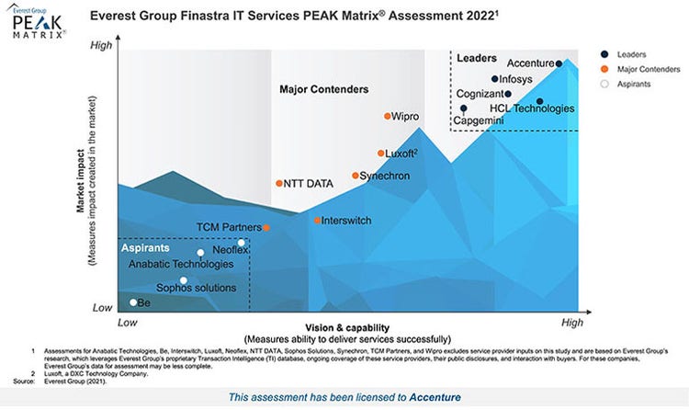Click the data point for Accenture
click(x=559, y=64)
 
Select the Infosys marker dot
click(x=494, y=79)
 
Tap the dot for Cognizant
click(x=507, y=94)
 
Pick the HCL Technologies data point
click(x=539, y=101)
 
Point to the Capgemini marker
click(x=463, y=108)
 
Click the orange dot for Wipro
click(x=387, y=117)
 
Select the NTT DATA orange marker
click(x=279, y=184)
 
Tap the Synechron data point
click(x=356, y=176)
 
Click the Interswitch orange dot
click(x=317, y=221)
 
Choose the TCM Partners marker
click(x=266, y=227)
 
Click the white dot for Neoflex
click(x=241, y=244)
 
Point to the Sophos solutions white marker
click(x=184, y=281)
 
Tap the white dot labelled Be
click(x=133, y=302)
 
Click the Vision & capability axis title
click(x=348, y=327)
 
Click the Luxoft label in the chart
click(x=399, y=154)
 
